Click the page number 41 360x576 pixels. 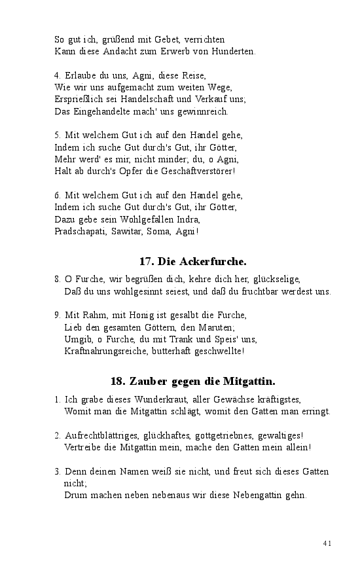(328, 543)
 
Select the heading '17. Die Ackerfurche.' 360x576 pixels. (192, 262)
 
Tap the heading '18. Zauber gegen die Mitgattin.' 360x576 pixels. (192, 381)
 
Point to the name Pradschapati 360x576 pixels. (81, 231)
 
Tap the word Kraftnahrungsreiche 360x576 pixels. (109, 351)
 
